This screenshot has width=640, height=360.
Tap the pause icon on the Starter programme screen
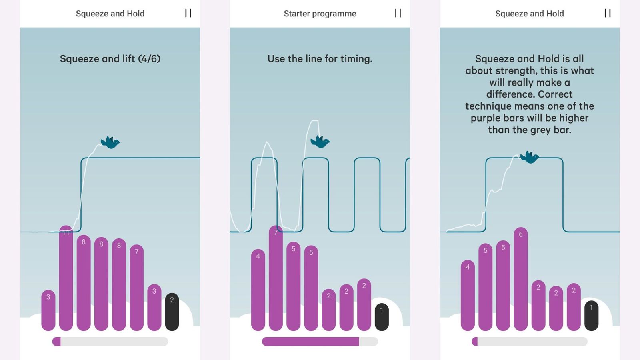pyautogui.click(x=398, y=13)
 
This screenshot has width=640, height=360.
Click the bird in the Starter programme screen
pyautogui.click(x=320, y=142)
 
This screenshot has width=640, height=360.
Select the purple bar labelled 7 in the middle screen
pyautogui.click(x=276, y=278)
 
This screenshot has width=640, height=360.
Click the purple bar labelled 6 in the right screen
pyautogui.click(x=520, y=279)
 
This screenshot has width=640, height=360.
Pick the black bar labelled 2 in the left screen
pyautogui.click(x=172, y=312)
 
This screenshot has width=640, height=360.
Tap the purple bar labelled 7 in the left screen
pyautogui.click(x=136, y=288)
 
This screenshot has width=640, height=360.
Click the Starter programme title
pyautogui.click(x=320, y=14)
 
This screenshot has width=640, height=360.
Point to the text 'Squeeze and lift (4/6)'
pyautogui.click(x=110, y=59)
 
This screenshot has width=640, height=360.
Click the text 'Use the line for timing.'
pyautogui.click(x=320, y=59)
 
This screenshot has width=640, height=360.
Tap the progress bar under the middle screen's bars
pyautogui.click(x=320, y=342)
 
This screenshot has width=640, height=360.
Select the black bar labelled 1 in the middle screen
pyautogui.click(x=382, y=317)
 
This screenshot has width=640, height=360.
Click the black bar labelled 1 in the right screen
pyautogui.click(x=592, y=316)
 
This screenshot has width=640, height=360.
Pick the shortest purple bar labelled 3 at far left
pyautogui.click(x=48, y=310)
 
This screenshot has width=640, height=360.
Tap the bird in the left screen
pyautogui.click(x=110, y=142)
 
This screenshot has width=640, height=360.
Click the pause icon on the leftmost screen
pyautogui.click(x=188, y=13)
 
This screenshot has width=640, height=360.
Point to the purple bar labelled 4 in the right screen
pyautogui.click(x=468, y=296)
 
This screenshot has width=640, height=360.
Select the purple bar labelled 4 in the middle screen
pyautogui.click(x=258, y=290)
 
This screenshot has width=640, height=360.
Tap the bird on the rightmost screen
pyautogui.click(x=530, y=157)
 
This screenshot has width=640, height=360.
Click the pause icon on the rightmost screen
pyautogui.click(x=608, y=13)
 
